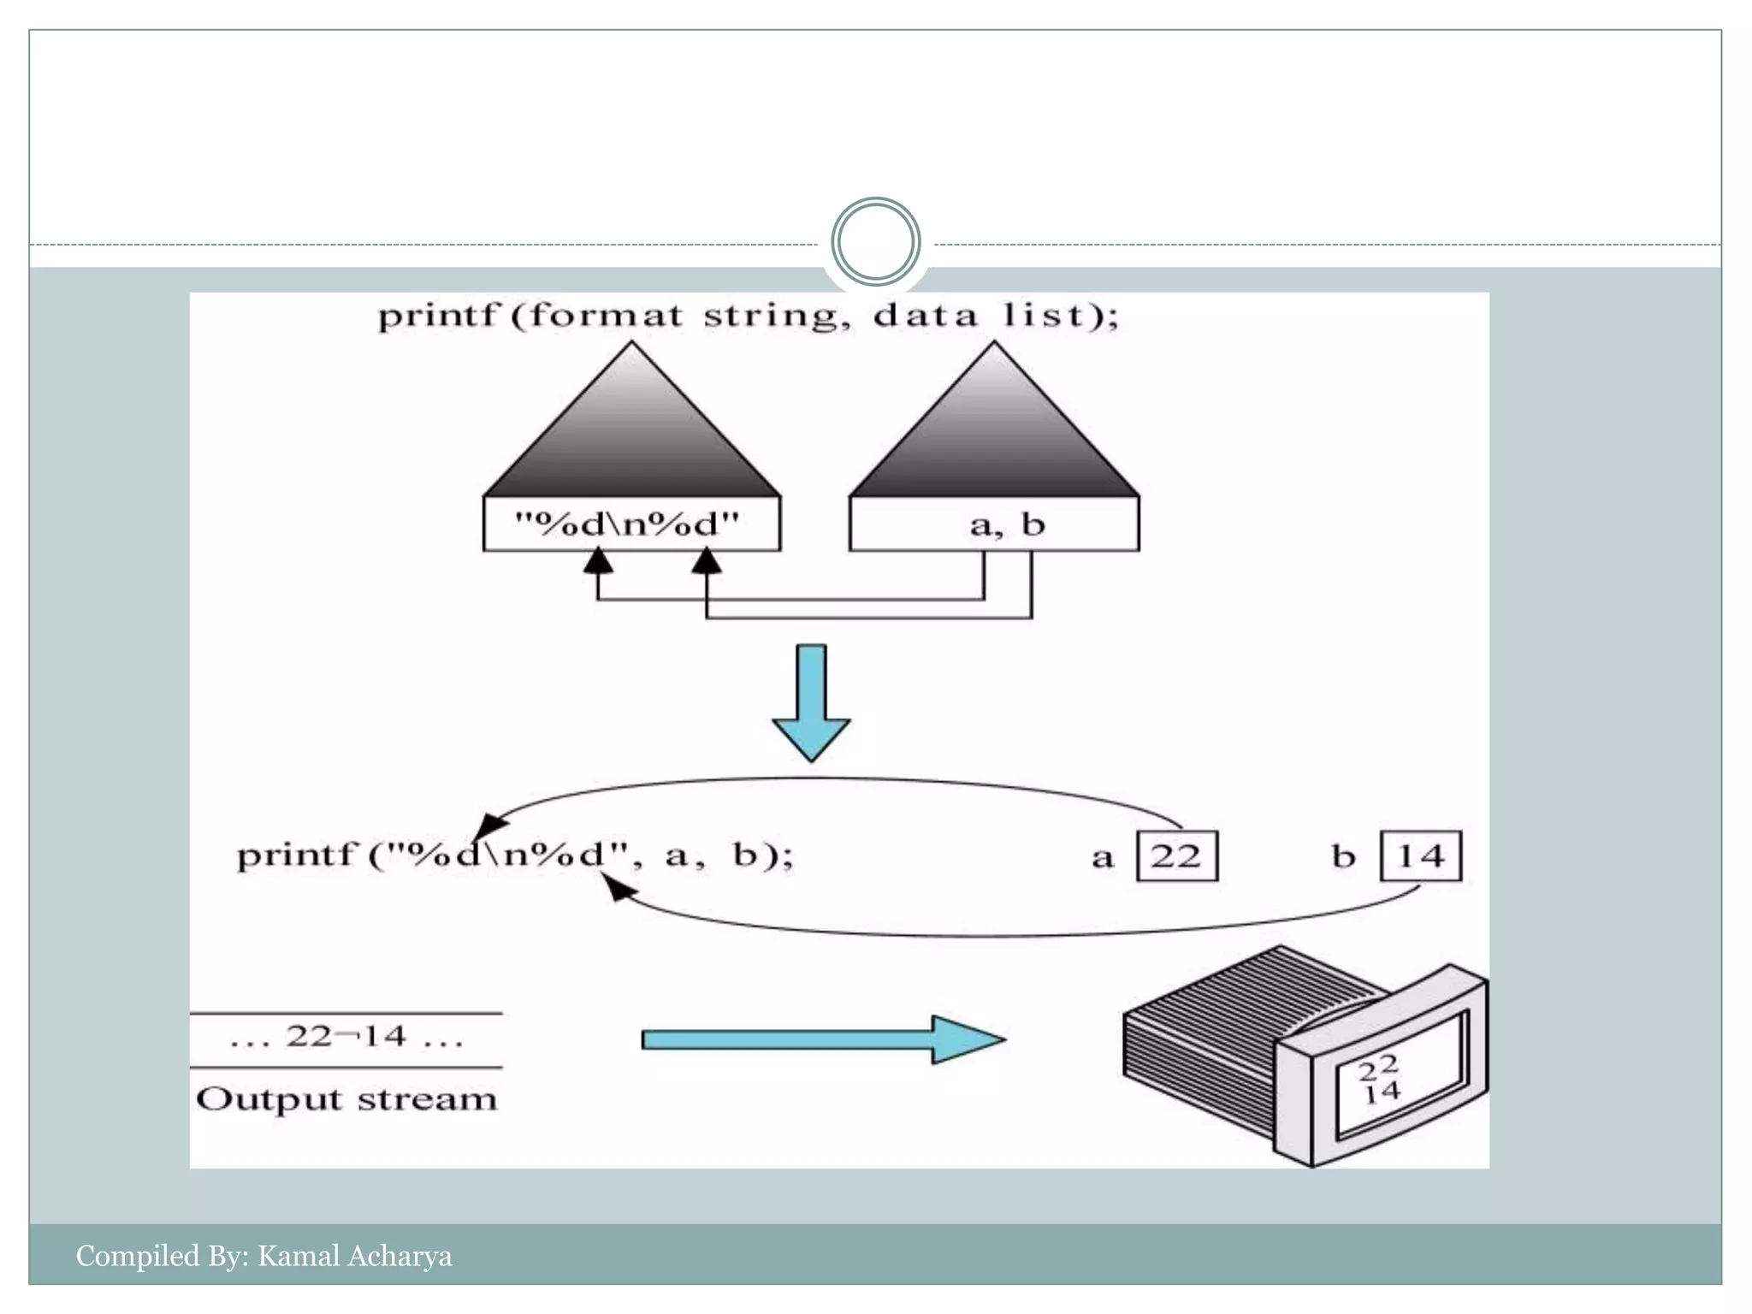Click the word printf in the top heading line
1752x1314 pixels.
tap(436, 317)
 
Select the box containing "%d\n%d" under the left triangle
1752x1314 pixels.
tap(631, 524)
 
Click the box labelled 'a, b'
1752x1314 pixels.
tap(994, 524)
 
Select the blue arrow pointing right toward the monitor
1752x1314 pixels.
tap(821, 1039)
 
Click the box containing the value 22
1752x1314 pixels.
tap(1177, 855)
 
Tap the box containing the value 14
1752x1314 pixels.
tap(1421, 855)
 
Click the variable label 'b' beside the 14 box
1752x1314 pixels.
tap(1344, 856)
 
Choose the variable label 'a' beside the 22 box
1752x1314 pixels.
tap(1103, 857)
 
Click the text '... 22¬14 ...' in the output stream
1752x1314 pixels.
tap(346, 1038)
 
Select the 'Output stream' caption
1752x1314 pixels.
tap(346, 1099)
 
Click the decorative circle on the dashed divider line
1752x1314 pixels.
tap(875, 242)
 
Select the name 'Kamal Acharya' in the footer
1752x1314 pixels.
tap(354, 1256)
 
